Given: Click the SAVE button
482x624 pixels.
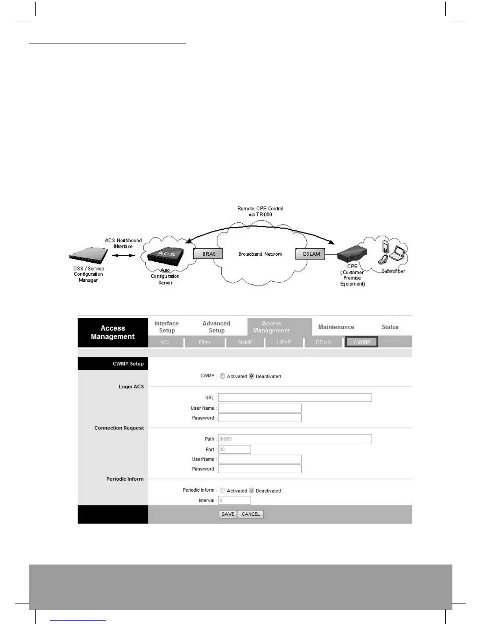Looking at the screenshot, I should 228,514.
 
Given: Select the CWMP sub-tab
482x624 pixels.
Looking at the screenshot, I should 361,342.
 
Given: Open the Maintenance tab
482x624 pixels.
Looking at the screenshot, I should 336,327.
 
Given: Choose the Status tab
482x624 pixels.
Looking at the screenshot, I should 390,327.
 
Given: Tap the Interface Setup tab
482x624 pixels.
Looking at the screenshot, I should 167,327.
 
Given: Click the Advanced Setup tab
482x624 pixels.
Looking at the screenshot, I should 216,327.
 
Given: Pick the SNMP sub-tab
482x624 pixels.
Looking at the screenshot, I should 245,342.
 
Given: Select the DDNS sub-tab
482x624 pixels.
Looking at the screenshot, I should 323,342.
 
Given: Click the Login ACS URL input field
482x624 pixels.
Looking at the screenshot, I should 295,397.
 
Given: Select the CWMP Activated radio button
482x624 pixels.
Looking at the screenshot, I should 222,376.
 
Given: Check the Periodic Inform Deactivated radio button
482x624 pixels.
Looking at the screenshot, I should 252,490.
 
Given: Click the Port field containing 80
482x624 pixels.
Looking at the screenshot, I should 234,449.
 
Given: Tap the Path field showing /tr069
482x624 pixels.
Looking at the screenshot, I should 295,439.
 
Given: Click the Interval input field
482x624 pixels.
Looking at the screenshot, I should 234,501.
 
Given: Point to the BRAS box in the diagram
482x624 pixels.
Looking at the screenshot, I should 208,254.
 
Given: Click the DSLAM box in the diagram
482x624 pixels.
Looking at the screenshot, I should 311,254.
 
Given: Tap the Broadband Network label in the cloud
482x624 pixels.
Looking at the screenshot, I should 260,254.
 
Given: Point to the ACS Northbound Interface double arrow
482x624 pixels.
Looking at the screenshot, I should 123,255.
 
